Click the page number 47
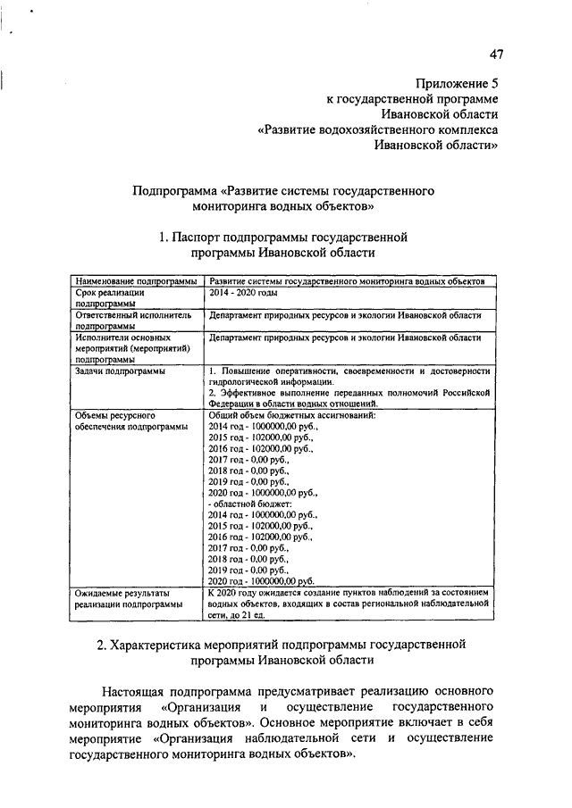pos(497,54)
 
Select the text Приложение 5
pos(463,82)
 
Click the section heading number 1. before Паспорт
pos(163,237)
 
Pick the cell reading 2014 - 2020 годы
pos(243,293)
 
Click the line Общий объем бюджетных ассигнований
pos(291,416)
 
